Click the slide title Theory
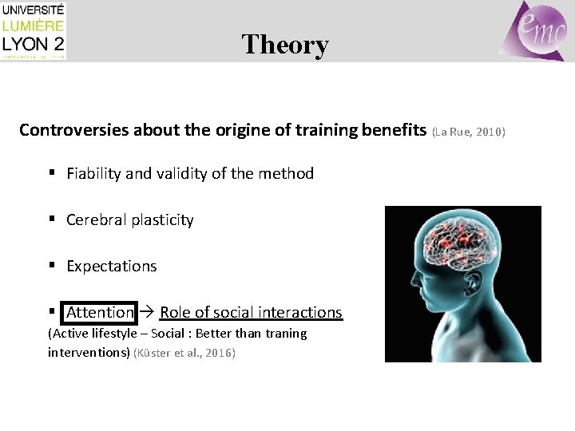[285, 45]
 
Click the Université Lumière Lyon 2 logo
[34, 31]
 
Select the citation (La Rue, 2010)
[468, 131]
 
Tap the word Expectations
[112, 266]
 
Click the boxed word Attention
[100, 312]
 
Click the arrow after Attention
[148, 312]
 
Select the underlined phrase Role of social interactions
[251, 312]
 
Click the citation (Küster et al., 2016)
[184, 352]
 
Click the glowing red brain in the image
[452, 244]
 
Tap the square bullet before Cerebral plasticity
[52, 219]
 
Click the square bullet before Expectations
[52, 266]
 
